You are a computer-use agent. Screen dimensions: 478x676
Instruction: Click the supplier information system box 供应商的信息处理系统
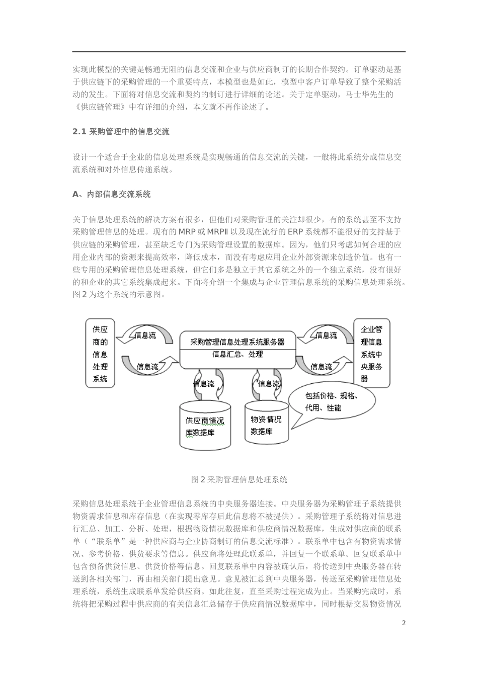click(x=100, y=354)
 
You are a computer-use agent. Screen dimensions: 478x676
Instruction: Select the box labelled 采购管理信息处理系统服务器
click(x=237, y=342)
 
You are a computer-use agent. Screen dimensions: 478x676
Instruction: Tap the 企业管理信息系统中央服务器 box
click(x=371, y=354)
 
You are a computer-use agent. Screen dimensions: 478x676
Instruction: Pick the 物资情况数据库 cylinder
click(x=267, y=424)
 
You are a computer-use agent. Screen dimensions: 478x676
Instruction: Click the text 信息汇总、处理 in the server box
click(x=237, y=354)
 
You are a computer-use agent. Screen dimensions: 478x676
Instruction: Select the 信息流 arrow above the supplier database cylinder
click(x=204, y=383)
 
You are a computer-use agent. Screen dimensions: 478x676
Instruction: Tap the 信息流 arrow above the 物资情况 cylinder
click(x=268, y=383)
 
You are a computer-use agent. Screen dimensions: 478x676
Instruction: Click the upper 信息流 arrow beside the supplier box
click(x=145, y=335)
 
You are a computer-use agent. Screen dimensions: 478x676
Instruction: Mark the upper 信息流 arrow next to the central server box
click(x=326, y=335)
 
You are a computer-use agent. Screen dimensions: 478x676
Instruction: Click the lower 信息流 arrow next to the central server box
click(x=322, y=367)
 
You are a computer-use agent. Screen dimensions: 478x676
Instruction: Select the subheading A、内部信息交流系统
click(x=111, y=194)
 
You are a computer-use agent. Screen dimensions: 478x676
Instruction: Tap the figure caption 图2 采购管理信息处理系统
click(x=239, y=479)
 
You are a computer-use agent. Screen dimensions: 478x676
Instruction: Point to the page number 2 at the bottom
click(x=404, y=623)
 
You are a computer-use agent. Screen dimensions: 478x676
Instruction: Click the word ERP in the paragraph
click(x=296, y=232)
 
